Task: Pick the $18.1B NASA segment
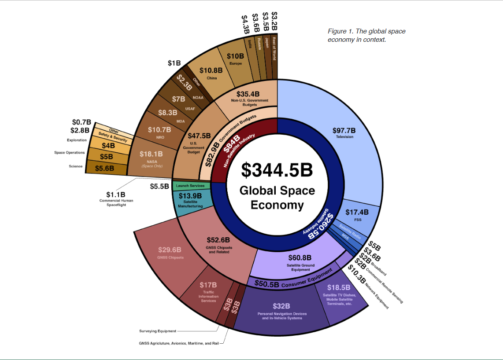tap(151, 156)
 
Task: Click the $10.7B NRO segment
tap(159, 132)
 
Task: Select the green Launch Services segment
tap(190, 186)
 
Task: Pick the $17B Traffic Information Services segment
tap(208, 292)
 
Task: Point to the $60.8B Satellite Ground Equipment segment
tap(300, 262)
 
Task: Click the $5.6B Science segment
tap(105, 167)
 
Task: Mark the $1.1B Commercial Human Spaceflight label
tap(116, 198)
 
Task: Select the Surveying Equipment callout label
tap(158, 331)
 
